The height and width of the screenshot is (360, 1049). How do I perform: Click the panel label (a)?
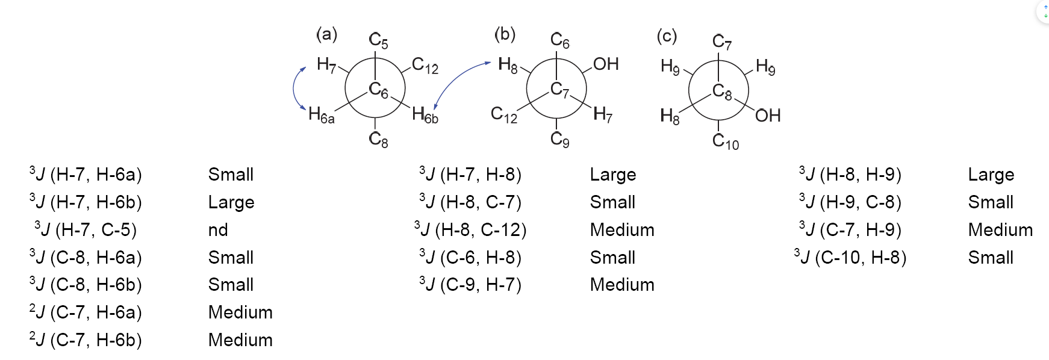(326, 34)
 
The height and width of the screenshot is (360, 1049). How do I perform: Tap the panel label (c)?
(667, 36)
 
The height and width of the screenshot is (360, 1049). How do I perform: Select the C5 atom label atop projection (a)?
(378, 41)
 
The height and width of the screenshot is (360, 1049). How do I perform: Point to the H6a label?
(321, 115)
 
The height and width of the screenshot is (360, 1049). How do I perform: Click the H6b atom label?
(425, 115)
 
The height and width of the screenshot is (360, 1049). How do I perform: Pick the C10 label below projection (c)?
(725, 142)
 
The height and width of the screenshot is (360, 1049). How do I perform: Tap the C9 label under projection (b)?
(559, 140)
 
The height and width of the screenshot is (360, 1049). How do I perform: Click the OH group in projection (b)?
(606, 64)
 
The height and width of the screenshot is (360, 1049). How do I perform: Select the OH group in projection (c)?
(767, 115)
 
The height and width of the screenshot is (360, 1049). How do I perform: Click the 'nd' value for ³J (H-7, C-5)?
(218, 230)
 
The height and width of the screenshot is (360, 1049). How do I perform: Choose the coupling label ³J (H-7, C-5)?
(86, 230)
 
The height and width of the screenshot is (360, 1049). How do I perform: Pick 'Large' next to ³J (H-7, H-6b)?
(231, 202)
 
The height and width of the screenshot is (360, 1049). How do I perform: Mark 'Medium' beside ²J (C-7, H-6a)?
(240, 312)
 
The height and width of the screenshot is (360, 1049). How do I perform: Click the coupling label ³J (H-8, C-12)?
(470, 230)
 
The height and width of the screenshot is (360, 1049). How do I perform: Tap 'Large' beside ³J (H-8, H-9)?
(991, 175)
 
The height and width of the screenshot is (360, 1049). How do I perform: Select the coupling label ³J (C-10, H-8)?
(850, 258)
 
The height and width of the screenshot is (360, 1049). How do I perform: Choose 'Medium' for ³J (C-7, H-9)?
(1000, 230)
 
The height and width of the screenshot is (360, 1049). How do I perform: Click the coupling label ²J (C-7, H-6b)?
(86, 340)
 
